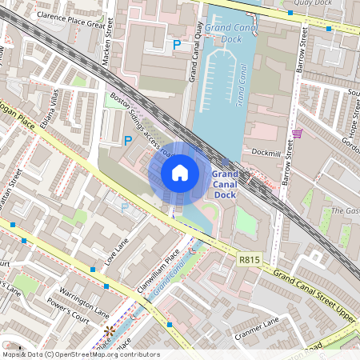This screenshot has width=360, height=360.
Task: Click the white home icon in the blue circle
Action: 180,173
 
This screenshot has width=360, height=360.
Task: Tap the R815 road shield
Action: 250,260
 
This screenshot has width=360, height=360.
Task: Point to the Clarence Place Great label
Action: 71,25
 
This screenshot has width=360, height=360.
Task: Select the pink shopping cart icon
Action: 297,133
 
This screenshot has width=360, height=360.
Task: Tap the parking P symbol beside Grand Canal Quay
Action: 176,46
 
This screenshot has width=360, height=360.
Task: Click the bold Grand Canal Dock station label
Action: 224,184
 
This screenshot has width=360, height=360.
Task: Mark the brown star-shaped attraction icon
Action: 109,330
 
